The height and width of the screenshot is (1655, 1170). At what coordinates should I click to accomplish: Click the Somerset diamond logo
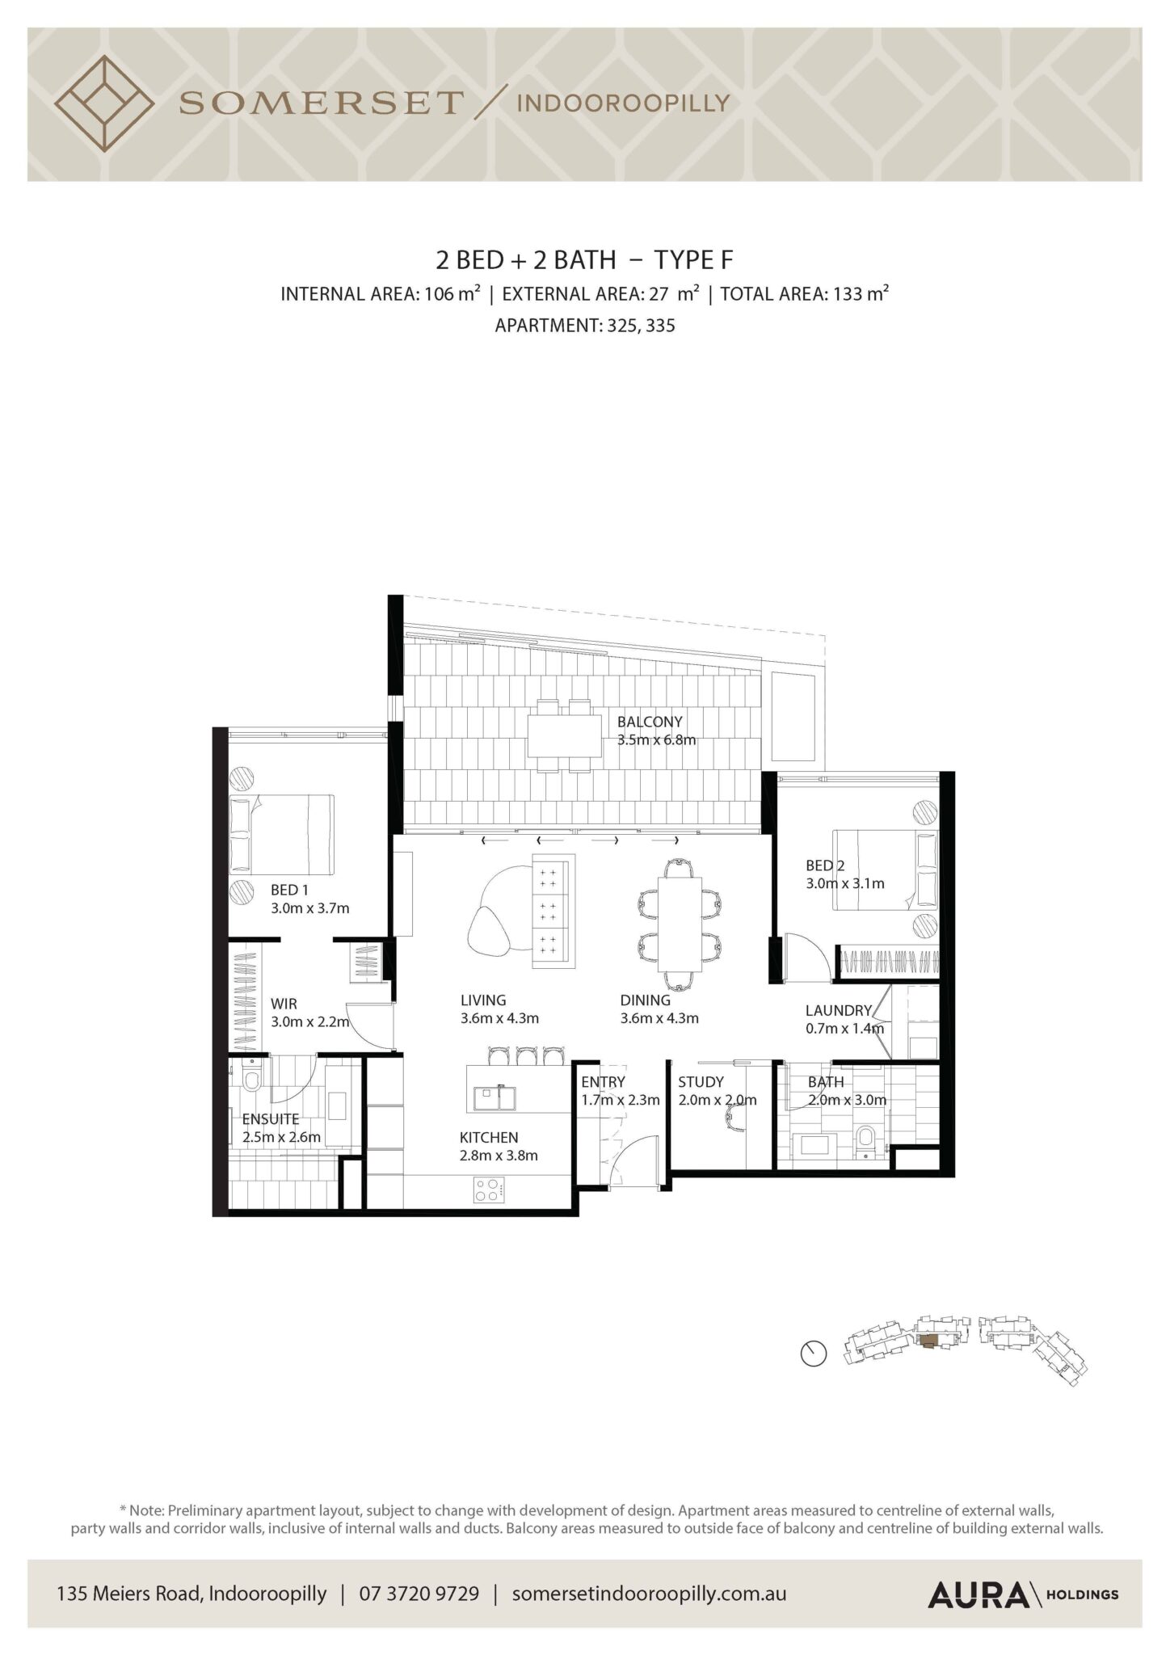(104, 103)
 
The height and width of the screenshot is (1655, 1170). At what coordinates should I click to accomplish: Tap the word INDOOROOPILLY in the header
(622, 103)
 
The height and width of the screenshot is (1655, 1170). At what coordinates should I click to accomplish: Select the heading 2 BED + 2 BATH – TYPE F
(584, 259)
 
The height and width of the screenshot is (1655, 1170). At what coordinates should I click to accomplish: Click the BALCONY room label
(650, 721)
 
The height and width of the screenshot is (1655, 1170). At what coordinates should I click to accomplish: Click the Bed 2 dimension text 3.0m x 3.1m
(844, 883)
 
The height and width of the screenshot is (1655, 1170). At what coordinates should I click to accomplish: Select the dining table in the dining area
(680, 924)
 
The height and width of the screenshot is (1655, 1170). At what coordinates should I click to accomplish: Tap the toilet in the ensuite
(250, 1076)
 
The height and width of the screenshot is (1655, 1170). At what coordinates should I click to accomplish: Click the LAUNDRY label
(838, 1010)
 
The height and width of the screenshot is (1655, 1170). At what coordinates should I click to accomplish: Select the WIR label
(284, 1004)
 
